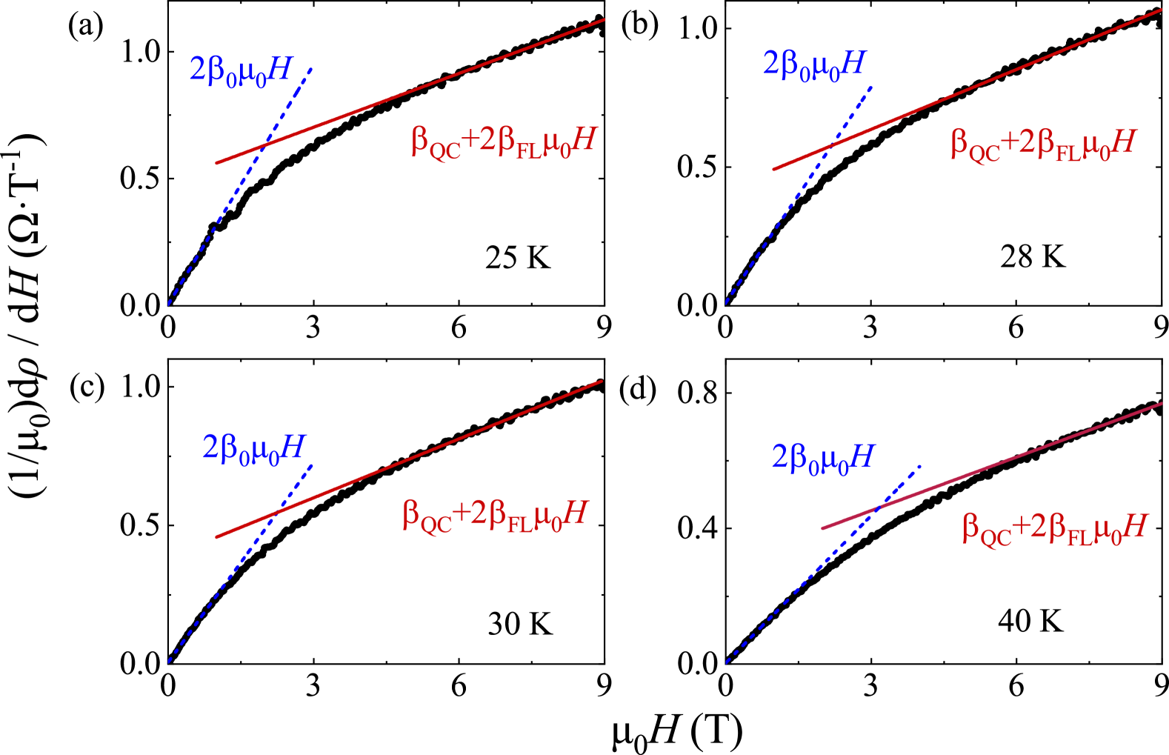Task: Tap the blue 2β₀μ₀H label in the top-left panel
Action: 241,71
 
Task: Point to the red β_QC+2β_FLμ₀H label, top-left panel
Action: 504,142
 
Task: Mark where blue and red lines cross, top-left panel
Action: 263,146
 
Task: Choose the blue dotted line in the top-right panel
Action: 770,234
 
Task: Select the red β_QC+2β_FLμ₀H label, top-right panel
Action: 1043,144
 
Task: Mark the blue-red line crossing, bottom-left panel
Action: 275,513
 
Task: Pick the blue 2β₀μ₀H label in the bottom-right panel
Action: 823,458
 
